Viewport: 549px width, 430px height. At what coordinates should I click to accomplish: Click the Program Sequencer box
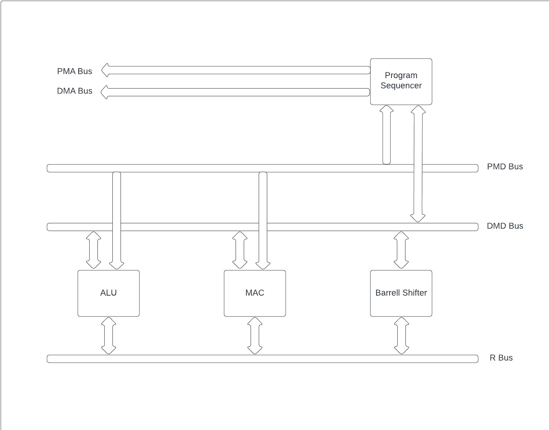401,81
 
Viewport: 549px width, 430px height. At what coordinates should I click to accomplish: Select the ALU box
108,293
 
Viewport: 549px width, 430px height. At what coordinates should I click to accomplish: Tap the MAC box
254,293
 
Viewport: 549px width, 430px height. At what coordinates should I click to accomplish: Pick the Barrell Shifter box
401,293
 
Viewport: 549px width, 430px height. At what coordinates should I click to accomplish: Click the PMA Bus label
75,71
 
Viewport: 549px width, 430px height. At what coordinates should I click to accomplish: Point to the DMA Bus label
75,91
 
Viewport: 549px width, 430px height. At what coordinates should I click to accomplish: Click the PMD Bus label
505,167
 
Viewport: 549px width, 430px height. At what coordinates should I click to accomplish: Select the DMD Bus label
505,226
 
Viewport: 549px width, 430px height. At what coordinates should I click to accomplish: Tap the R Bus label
501,358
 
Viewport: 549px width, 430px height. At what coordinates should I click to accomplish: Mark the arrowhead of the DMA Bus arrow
105,92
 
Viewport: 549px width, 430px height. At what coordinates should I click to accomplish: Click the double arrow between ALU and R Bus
109,336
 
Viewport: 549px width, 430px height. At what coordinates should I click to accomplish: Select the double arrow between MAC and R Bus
255,336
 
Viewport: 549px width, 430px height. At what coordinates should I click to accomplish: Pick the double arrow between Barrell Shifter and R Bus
402,336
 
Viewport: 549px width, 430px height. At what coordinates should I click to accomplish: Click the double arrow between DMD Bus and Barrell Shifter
401,250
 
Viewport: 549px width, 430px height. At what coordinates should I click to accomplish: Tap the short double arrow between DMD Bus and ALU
94,250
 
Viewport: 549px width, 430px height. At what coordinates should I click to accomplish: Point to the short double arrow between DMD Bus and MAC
240,250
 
